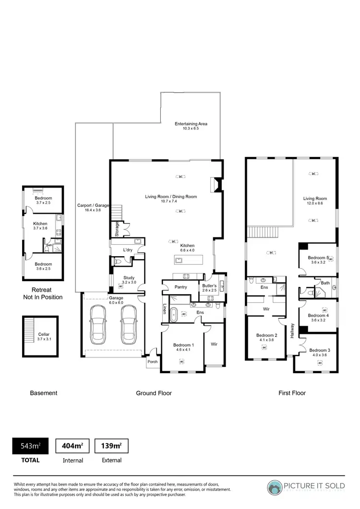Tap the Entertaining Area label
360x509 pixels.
191,126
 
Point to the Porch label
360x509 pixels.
153,362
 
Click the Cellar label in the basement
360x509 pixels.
44,336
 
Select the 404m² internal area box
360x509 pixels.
72,446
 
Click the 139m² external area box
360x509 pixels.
111,446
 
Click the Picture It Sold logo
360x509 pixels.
306,487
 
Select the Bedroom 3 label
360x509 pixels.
319,353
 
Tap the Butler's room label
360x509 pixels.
209,288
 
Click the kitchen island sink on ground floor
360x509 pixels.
179,260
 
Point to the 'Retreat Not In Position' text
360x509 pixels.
44,294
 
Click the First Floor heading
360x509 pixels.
292,393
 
